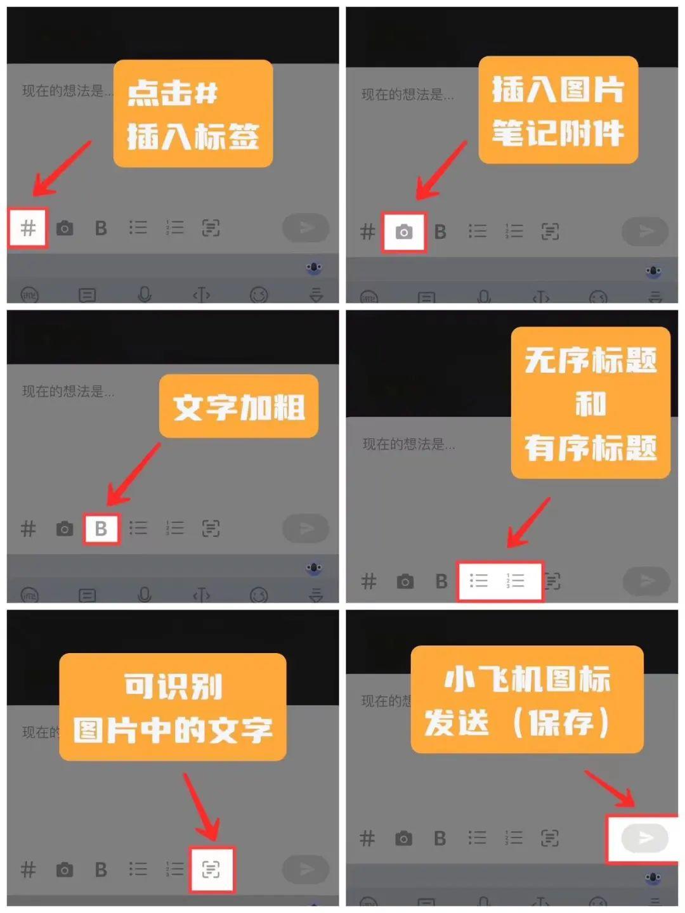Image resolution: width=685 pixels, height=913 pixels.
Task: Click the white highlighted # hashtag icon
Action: (x=28, y=228)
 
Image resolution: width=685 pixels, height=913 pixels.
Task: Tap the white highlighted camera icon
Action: (x=403, y=232)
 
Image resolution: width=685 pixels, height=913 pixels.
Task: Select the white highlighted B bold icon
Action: (x=101, y=529)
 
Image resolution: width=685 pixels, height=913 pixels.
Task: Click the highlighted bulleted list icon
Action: (x=478, y=581)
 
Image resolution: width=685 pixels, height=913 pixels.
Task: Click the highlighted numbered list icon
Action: (x=516, y=581)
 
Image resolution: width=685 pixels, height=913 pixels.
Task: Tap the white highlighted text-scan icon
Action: (x=211, y=869)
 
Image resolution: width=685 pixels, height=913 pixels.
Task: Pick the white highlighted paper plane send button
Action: (x=644, y=838)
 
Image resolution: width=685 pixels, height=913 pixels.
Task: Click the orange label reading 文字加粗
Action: (x=238, y=407)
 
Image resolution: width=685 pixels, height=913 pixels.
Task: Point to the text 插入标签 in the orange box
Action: (x=193, y=137)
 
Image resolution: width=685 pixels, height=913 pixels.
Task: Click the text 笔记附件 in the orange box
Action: (x=558, y=133)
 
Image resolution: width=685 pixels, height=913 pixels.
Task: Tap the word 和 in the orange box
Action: (x=590, y=404)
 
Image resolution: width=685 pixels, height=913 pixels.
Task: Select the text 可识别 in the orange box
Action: (x=173, y=686)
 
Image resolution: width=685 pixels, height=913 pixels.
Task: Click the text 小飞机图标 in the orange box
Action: (x=527, y=679)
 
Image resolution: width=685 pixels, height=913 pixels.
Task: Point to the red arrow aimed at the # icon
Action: (x=62, y=169)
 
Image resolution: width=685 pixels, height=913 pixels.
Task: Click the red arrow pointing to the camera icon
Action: (x=441, y=171)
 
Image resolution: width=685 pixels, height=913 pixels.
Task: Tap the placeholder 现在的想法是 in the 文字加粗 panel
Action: (x=68, y=392)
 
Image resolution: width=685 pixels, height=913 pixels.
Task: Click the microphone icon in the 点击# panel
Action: (x=145, y=294)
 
